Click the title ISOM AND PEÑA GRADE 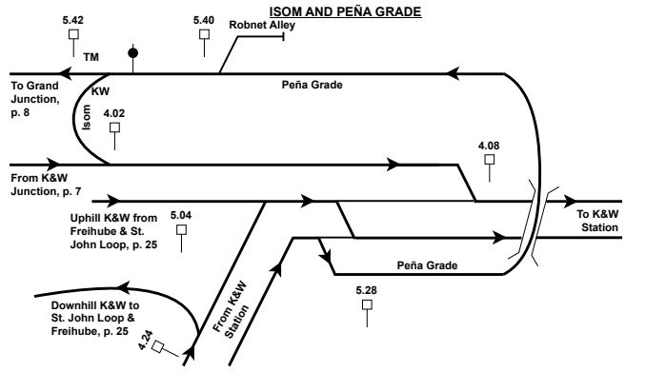[332, 10]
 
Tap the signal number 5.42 [71, 19]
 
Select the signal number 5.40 [204, 19]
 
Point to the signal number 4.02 [114, 113]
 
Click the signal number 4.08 [489, 145]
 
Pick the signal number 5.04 [181, 215]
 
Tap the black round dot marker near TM [133, 52]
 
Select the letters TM [91, 57]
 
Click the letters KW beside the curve [100, 91]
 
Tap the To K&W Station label [599, 221]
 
